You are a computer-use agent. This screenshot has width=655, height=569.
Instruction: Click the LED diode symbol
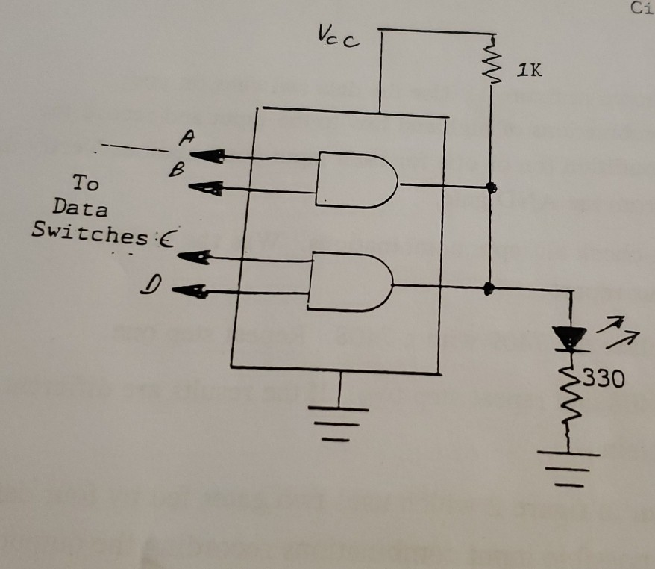click(x=571, y=340)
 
